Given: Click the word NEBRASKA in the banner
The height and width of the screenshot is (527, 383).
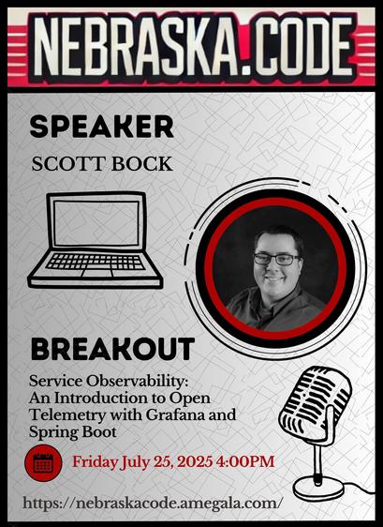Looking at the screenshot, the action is click(x=135, y=46).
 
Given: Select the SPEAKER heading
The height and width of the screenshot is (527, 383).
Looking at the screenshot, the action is click(x=102, y=127).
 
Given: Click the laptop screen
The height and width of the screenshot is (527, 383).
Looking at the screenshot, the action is click(x=96, y=223).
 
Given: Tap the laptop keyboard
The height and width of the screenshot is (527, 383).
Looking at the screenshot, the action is click(x=96, y=262).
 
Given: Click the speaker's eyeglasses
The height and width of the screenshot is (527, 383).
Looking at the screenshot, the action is click(x=276, y=259).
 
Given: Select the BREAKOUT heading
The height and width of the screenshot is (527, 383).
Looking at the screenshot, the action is click(x=112, y=349).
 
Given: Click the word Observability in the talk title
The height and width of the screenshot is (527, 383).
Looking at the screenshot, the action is click(x=137, y=382).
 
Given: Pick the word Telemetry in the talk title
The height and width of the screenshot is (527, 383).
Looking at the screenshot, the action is click(x=67, y=414).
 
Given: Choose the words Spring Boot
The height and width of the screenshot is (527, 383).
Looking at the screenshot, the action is click(x=72, y=432).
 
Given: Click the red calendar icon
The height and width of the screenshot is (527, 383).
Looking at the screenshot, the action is click(x=43, y=463).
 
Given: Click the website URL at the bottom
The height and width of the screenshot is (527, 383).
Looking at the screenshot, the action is click(x=151, y=504).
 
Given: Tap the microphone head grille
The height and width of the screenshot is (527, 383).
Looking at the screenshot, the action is click(x=315, y=401).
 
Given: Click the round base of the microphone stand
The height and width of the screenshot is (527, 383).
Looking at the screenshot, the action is click(x=318, y=489).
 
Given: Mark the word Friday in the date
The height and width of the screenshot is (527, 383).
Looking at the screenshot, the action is click(x=95, y=462).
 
